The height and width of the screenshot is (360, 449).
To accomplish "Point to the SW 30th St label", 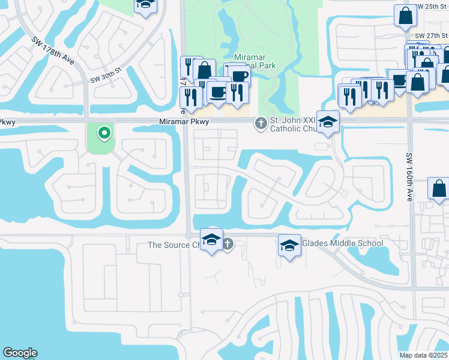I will coord(106,74).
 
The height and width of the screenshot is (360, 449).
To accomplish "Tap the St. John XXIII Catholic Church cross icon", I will coord(261,123).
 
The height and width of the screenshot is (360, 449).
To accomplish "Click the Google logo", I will coord(20,353).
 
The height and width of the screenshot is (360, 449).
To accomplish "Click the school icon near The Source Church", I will coord(211,240).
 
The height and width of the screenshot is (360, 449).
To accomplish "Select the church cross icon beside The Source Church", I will coord(228,244).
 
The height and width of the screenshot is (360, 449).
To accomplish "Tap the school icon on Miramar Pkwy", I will coord(328,122).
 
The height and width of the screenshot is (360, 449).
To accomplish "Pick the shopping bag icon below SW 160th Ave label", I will coord(439,188).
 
